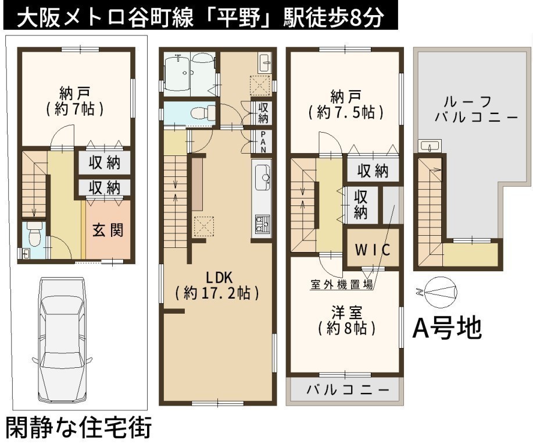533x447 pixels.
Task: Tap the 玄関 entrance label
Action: click(x=108, y=230)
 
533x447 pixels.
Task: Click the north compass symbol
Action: click(x=438, y=292)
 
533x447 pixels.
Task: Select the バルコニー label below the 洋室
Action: click(x=348, y=389)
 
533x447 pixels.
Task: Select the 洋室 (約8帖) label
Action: click(x=347, y=320)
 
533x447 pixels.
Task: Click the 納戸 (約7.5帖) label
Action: click(x=346, y=104)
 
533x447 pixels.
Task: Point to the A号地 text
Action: click(x=448, y=328)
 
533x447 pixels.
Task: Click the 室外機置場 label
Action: click(x=342, y=284)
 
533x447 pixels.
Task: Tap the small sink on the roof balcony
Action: click(x=430, y=146)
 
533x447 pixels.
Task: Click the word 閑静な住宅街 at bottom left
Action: click(x=79, y=428)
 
